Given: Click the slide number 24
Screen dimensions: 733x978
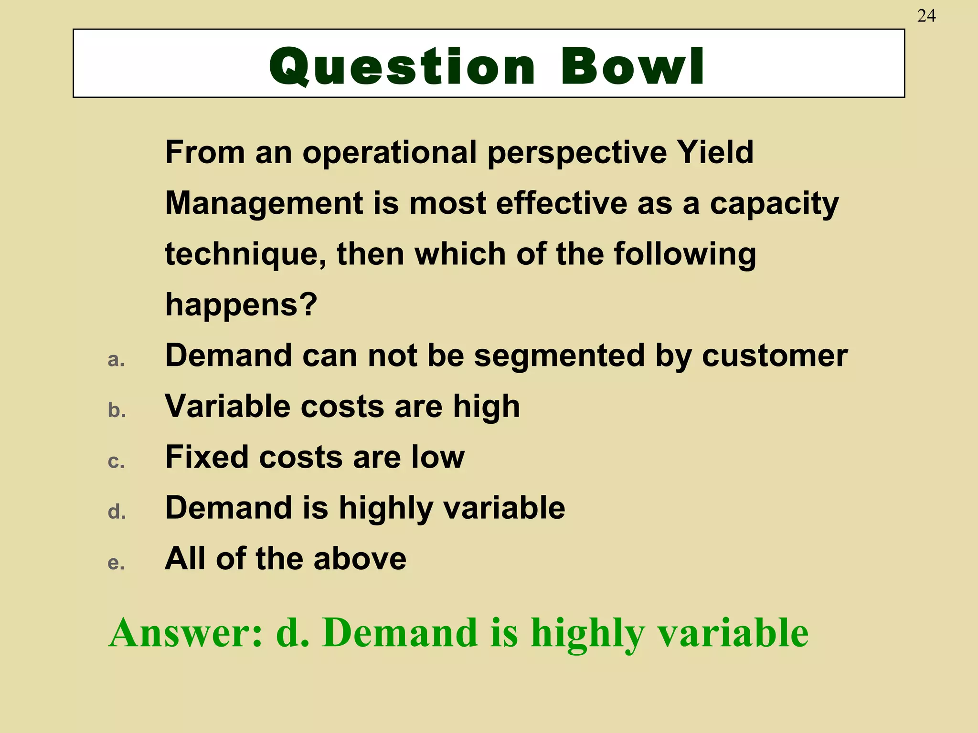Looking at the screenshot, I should click(926, 16).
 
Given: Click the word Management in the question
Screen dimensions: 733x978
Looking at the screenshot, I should click(264, 204).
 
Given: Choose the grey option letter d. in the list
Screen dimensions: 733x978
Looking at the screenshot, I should click(117, 512).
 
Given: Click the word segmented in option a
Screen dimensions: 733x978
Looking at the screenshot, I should click(559, 356).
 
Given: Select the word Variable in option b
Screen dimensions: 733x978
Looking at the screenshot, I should click(227, 407).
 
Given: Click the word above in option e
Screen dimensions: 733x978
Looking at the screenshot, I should click(360, 559).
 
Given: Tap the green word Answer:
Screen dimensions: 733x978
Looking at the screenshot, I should click(186, 633).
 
